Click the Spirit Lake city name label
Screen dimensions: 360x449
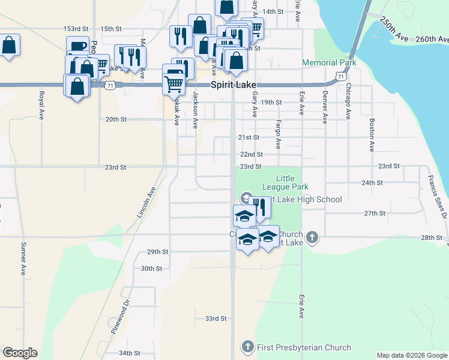234,85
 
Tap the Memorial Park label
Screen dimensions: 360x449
329,62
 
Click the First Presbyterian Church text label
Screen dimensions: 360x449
304,347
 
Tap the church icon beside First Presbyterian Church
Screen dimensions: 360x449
247,346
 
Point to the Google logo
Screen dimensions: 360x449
20,353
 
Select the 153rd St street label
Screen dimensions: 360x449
76,29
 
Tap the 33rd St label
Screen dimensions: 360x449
215,319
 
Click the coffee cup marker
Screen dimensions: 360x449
79,46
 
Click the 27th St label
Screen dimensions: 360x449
374,213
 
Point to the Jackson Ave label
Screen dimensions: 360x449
195,110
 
